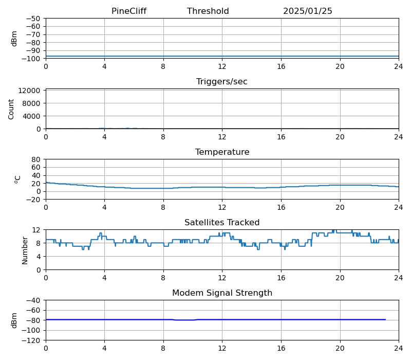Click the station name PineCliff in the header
129,11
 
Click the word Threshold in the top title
208,11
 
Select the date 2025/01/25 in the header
307,11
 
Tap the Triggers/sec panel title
222,82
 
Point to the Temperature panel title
222,152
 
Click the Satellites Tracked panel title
222,223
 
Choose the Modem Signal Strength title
222,293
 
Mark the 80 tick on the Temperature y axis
36,159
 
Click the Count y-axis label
12,109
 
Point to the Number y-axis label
25,250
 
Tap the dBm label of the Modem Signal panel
14,320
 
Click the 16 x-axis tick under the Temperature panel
281,207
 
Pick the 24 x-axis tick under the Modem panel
399,348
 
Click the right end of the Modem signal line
385,319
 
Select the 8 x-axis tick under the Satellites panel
163,277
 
